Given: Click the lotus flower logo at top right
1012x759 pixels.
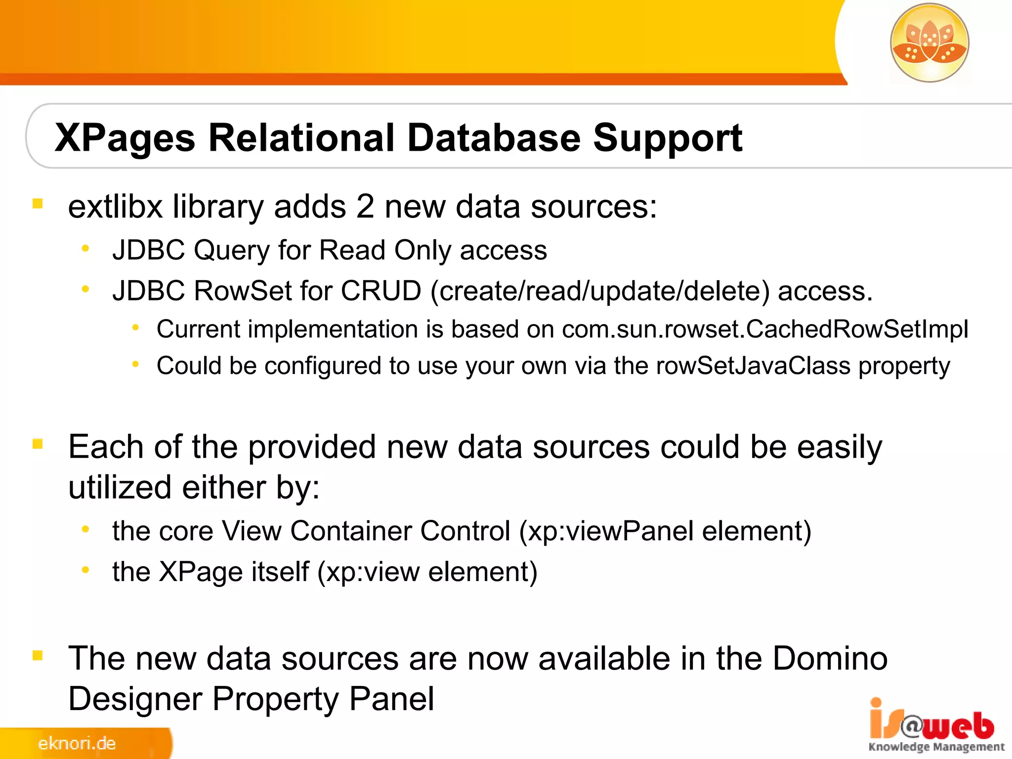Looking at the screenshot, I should tap(929, 42).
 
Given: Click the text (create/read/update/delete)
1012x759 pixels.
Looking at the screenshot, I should tap(600, 291).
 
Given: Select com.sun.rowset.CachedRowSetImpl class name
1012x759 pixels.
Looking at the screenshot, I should tap(765, 329).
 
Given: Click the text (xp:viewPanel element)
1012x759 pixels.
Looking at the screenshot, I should tap(665, 531).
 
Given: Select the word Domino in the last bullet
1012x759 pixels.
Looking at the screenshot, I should tap(830, 658).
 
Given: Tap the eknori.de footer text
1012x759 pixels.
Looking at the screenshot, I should tap(77, 743).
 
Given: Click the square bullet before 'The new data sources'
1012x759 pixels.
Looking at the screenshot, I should tap(38, 656).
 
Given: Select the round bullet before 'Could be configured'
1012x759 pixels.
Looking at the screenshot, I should tap(135, 365).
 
